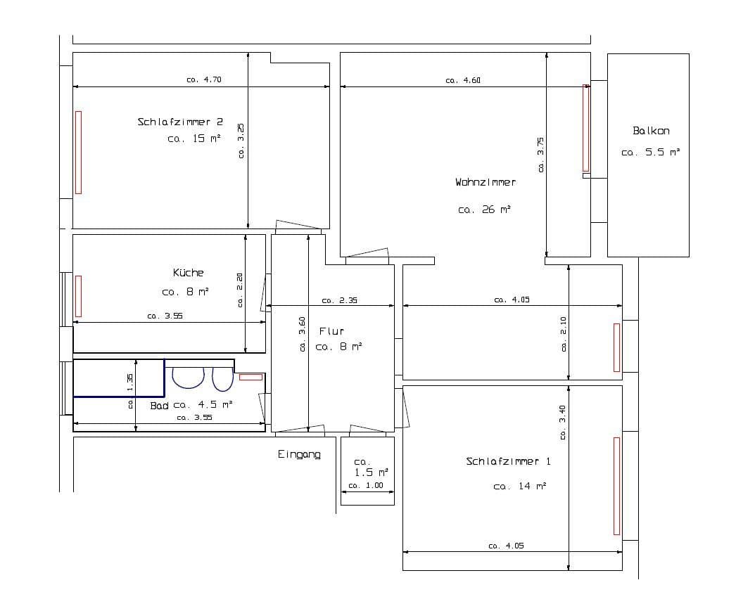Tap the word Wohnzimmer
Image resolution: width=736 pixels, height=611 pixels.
[x=485, y=182]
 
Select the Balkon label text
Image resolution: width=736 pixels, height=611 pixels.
[x=651, y=131]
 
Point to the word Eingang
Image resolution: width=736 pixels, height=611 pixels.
[x=299, y=455]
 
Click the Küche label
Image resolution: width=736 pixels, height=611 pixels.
[x=188, y=273]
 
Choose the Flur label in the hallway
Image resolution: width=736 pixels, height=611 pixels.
[x=331, y=330]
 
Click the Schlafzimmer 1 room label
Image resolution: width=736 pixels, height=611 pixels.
[x=508, y=462]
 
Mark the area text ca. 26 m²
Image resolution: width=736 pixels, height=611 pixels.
[x=484, y=210]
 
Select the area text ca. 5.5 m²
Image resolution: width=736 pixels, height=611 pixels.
[x=651, y=152]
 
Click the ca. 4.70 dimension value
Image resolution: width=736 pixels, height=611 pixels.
[x=204, y=79]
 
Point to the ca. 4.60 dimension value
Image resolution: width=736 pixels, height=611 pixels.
[x=463, y=80]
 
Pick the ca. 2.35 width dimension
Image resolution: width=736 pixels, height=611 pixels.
[x=339, y=300]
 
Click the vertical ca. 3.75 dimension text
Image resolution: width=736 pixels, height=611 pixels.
[x=540, y=154]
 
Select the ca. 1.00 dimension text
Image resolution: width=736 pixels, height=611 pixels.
[x=366, y=486]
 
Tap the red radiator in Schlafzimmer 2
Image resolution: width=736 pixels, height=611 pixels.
[x=78, y=152]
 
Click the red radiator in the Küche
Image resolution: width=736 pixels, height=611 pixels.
[x=78, y=296]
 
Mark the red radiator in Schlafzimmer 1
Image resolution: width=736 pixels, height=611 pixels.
[x=616, y=485]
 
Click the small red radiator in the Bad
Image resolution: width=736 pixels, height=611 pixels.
[x=250, y=377]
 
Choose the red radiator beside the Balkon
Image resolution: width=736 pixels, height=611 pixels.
[x=585, y=128]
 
